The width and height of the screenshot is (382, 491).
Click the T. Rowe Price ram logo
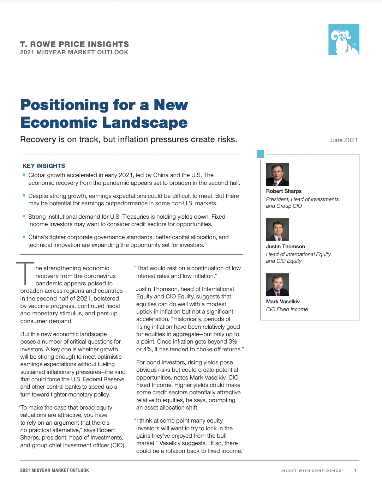344,40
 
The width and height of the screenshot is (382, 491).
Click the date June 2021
343,140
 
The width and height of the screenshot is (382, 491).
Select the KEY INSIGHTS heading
44,166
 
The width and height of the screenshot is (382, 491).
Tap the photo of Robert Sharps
277,175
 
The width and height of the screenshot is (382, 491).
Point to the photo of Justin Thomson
277,230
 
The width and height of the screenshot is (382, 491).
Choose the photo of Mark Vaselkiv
277,285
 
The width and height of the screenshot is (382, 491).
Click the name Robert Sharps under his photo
283,191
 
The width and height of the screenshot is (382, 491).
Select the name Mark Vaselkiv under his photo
283,302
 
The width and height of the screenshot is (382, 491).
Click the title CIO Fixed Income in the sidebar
287,309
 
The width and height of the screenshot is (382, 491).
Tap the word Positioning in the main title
65,105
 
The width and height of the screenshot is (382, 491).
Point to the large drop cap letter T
25,273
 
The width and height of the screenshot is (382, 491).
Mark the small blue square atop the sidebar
260,154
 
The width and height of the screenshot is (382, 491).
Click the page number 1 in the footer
355,471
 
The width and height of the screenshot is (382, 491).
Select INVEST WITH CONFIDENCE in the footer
311,471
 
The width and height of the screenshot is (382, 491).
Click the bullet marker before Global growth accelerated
24,175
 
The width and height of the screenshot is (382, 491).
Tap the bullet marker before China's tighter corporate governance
24,237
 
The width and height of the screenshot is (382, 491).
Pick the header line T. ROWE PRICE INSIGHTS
74,44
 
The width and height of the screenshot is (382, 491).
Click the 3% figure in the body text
232,341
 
